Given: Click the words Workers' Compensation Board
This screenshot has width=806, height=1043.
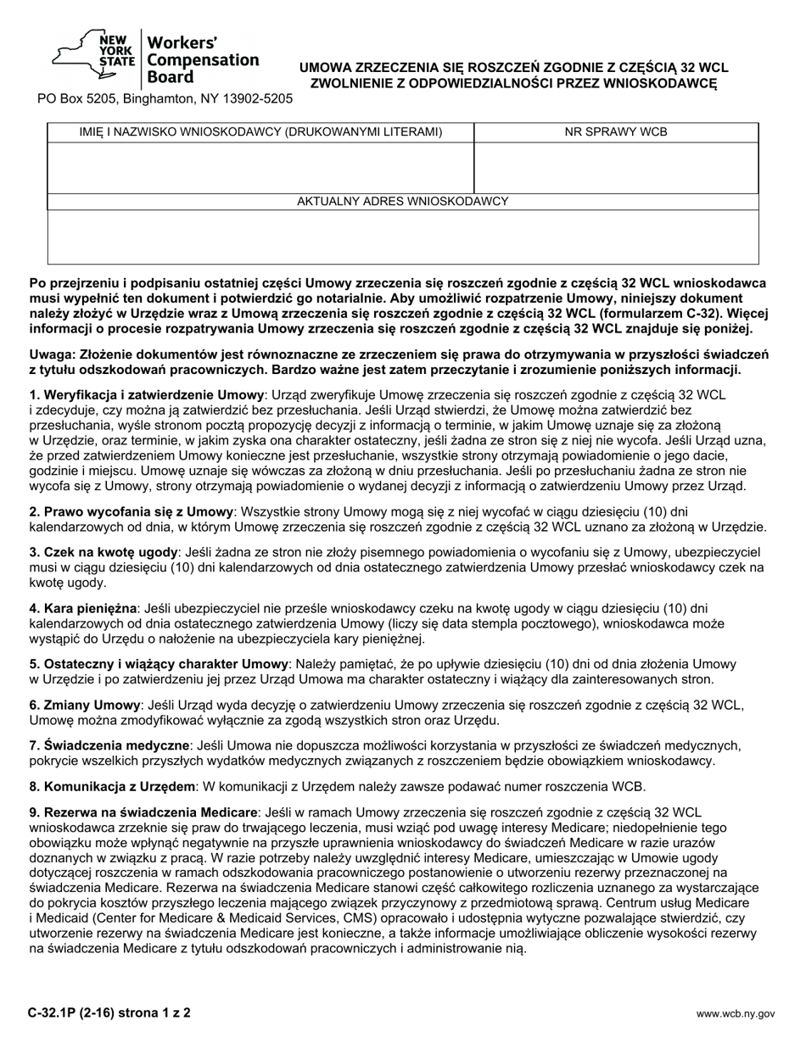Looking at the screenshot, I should [203, 59].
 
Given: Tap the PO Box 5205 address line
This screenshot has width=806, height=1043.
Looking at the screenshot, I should [165, 98].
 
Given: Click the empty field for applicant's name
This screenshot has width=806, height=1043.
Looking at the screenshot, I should [260, 167].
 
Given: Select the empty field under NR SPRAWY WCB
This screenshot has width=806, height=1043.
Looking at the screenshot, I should [616, 167].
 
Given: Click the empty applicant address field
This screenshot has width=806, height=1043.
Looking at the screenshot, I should [403, 237].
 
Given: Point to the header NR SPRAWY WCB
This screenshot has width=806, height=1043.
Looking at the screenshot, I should [616, 131].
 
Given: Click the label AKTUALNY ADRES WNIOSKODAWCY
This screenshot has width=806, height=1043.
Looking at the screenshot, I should [403, 201].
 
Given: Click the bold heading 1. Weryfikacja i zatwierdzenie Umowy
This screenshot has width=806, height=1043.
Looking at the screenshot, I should [148, 395].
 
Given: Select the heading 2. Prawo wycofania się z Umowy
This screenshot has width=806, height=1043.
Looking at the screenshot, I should [132, 511].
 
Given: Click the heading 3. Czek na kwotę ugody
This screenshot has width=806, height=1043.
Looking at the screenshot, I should [105, 552].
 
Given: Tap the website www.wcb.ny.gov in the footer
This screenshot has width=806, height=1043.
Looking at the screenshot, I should [736, 1012].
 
